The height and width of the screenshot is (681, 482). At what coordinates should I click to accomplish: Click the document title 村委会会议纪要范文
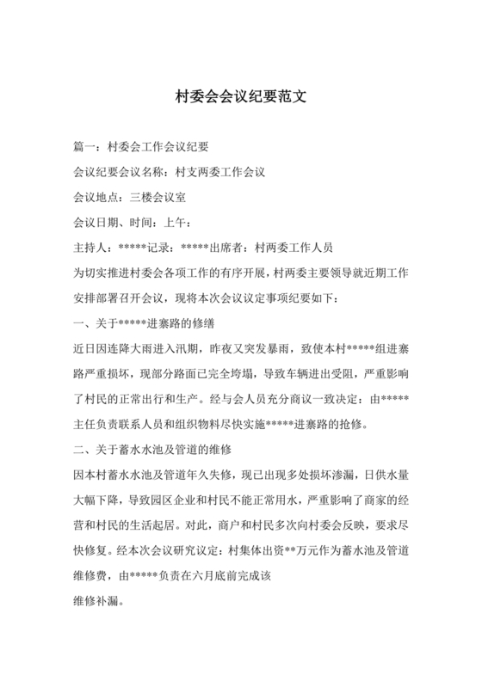tap(241, 96)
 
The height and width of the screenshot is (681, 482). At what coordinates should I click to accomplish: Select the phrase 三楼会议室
tap(158, 197)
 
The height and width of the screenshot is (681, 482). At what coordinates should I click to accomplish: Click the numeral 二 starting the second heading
tap(82, 449)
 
